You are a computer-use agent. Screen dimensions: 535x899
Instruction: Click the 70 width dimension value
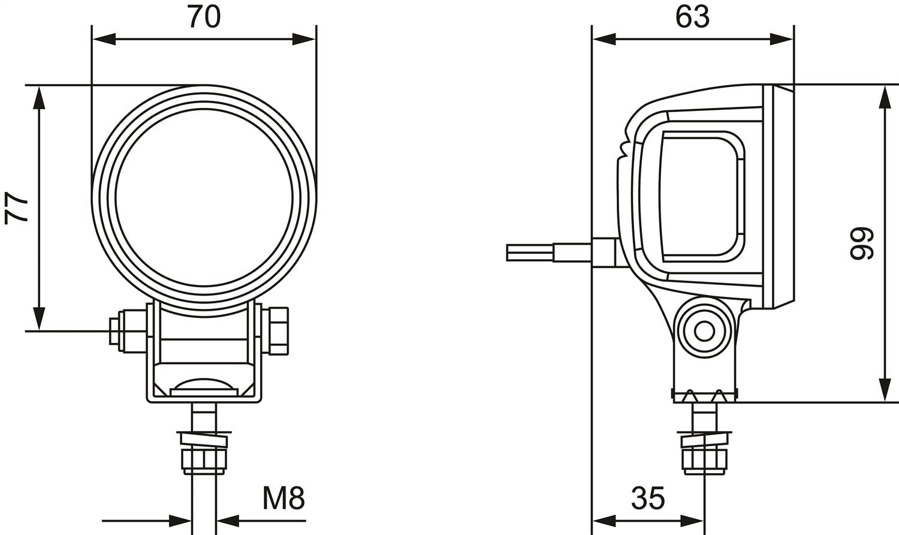204,17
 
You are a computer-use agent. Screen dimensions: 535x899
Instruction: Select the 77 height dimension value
17,208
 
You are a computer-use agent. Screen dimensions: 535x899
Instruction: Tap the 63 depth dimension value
692,17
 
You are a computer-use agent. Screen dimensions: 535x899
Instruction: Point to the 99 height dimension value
861,243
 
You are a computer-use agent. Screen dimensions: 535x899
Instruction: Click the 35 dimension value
648,498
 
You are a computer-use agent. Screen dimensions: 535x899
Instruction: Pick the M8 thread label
283,498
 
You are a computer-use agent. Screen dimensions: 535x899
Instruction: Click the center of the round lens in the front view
204,198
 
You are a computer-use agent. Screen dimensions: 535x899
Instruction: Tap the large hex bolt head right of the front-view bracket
278,330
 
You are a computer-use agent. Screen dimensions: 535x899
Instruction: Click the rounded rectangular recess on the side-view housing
701,198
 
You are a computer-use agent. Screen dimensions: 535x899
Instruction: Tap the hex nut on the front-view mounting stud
204,459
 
